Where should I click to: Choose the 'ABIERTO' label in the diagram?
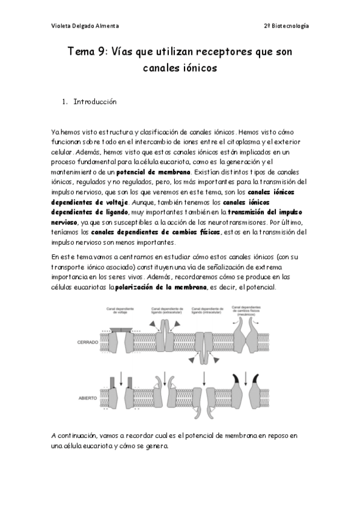[88, 398]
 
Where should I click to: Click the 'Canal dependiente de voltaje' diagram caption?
[120, 310]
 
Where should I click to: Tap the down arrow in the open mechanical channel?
[245, 381]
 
